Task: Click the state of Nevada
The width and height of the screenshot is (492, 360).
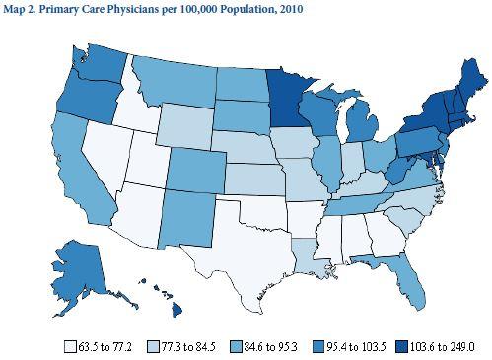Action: click(x=99, y=148)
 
